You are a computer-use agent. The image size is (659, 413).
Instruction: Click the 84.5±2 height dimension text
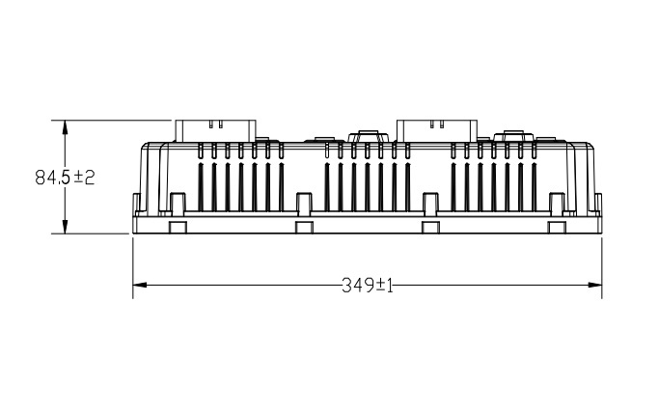65,178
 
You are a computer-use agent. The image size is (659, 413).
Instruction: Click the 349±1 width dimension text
368,286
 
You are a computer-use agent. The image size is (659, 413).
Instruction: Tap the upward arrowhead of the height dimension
65,127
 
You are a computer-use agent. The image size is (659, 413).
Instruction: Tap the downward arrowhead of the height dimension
65,227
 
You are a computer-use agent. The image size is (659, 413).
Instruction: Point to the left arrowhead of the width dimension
140,285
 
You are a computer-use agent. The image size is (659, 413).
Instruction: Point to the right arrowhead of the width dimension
594,285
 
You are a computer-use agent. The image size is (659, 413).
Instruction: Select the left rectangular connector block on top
215,130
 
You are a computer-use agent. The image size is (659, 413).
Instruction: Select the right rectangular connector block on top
437,130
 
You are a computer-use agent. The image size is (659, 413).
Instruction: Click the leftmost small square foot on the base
178,227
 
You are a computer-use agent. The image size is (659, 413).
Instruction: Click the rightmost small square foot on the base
557,227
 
